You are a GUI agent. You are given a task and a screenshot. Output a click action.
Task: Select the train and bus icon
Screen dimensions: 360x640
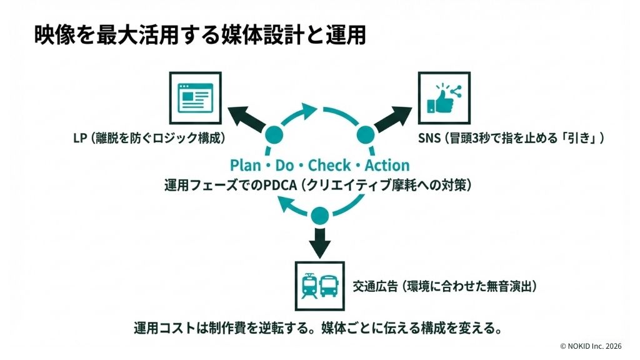319,286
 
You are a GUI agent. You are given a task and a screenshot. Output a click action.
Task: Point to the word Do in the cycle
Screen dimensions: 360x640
285,166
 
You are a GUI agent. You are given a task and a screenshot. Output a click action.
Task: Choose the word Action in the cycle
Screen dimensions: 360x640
387,166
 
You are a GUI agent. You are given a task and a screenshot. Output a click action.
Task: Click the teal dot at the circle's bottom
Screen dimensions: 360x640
320,215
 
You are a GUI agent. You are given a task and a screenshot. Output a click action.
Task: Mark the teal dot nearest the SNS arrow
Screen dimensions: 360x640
365,134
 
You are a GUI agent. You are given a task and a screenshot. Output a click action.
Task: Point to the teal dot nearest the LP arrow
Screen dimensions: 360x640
274,134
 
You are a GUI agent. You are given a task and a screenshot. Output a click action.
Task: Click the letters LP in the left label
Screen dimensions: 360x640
79,138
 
